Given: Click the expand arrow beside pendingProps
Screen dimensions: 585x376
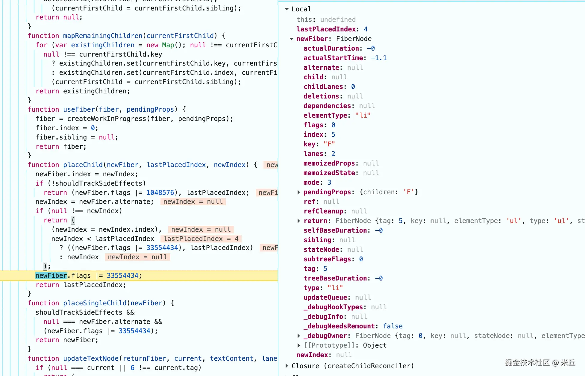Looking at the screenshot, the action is coord(298,192).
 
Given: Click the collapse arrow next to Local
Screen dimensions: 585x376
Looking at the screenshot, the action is coord(287,9).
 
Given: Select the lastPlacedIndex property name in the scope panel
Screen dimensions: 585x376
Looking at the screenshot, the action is coord(326,29).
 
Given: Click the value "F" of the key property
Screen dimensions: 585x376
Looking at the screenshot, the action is coord(329,144).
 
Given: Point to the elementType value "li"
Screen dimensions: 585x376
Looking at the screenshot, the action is coord(363,115).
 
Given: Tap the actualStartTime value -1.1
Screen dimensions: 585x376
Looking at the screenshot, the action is coord(379,58).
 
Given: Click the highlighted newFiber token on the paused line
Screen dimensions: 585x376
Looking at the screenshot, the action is coord(51,275).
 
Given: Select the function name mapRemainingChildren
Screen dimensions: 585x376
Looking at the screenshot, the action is coord(103,36).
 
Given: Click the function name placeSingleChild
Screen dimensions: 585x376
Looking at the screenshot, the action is coord(95,303).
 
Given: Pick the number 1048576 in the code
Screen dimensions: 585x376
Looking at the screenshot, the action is coord(160,192).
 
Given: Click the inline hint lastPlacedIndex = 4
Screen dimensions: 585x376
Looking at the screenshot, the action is coord(201,239).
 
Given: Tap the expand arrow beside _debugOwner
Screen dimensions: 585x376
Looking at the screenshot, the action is coord(298,336).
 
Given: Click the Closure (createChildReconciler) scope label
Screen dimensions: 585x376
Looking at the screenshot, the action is coord(353,366).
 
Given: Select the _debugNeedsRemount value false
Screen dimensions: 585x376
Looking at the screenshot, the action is coord(393,326).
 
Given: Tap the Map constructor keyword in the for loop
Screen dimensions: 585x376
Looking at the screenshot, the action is coord(168,45).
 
